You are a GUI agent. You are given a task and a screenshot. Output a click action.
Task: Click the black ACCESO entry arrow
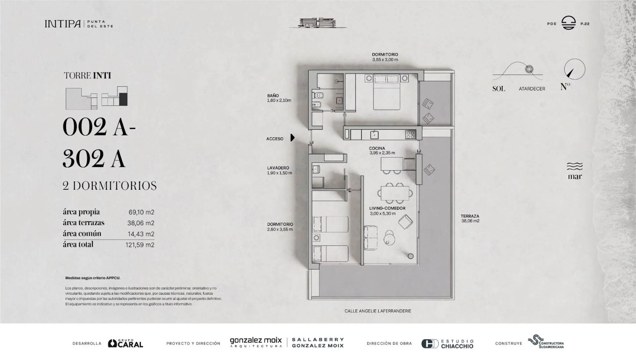click(292, 137)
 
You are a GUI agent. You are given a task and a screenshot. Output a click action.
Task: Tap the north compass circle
click(574, 69)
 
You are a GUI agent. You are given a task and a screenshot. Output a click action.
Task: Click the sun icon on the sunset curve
click(529, 69)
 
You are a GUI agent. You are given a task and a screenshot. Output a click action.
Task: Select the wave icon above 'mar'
click(575, 166)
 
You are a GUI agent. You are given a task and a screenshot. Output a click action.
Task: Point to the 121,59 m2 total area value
click(140, 245)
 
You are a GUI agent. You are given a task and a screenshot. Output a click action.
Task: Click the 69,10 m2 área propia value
click(141, 212)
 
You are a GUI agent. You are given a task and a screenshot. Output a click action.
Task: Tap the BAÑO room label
click(273, 96)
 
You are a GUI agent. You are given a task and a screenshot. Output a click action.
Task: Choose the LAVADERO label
click(278, 168)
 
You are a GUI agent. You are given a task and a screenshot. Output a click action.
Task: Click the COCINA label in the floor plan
click(377, 148)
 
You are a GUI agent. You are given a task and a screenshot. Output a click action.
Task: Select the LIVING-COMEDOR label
click(387, 208)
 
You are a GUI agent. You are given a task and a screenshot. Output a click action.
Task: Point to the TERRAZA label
click(470, 216)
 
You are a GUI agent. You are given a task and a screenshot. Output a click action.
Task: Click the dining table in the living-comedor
click(395, 193)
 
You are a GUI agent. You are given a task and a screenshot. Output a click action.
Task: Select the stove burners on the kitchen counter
click(410, 134)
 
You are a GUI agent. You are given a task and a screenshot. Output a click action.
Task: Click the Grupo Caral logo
click(126, 343)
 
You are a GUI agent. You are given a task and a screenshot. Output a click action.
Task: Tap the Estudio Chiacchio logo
click(447, 344)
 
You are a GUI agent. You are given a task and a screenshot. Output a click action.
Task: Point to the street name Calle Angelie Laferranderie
click(378, 311)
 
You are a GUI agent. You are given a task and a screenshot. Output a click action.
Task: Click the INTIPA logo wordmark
click(63, 24)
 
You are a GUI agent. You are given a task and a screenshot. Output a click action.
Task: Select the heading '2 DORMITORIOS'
click(110, 186)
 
